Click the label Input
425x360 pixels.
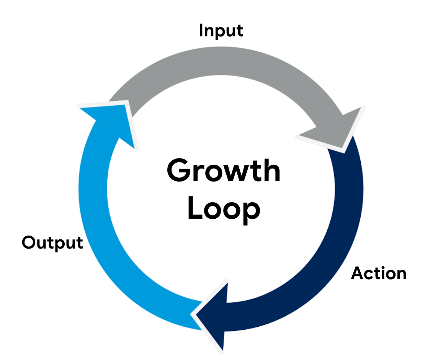point(221,31)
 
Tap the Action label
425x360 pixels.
point(378,273)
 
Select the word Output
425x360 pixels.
point(52,243)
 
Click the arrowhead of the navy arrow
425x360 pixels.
point(214,314)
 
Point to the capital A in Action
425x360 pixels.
point(358,273)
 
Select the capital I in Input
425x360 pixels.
point(201,31)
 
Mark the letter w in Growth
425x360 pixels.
point(236,173)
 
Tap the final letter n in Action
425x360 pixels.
point(400,275)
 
